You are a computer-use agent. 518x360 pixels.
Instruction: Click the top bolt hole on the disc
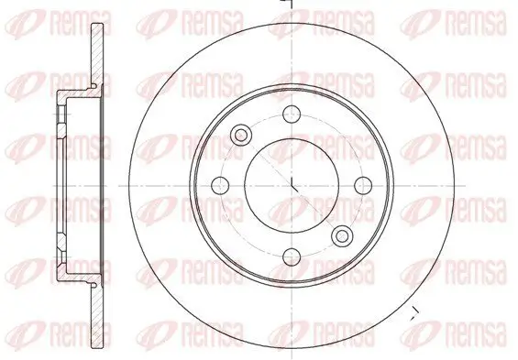tap(292, 114)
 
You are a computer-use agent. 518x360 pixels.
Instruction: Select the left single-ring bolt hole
tap(221, 184)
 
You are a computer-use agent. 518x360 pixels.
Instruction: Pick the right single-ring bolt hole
tap(362, 184)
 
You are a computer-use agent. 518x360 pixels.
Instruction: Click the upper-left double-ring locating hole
tap(243, 135)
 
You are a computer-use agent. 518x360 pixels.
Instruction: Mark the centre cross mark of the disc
tap(292, 184)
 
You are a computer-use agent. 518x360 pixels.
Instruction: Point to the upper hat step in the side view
tap(64, 94)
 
